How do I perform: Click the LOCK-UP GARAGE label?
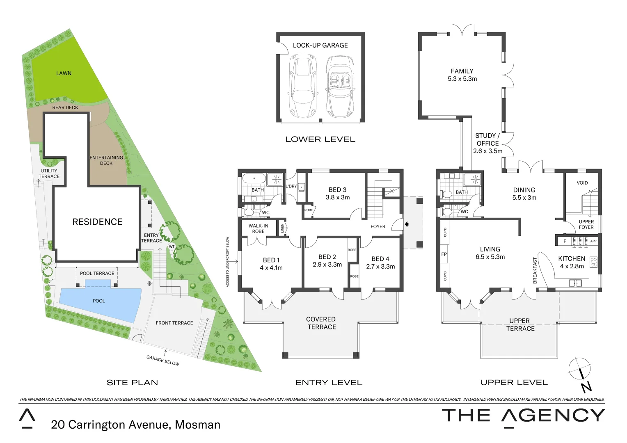click(x=320, y=46)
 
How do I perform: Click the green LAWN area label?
click(x=64, y=73)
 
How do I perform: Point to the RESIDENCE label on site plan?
click(x=97, y=222)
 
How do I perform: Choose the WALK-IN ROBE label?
click(x=258, y=228)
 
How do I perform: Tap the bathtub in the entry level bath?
click(x=254, y=178)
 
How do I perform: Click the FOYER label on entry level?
click(x=378, y=226)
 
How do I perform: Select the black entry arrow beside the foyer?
click(x=407, y=224)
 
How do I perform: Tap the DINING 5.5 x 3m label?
click(x=524, y=194)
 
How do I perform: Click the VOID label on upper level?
click(x=582, y=183)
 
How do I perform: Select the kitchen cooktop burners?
click(x=593, y=262)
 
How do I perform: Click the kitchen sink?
click(x=575, y=283)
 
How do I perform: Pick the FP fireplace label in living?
click(x=444, y=254)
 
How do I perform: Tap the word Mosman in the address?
click(x=197, y=425)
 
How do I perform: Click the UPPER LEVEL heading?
click(x=514, y=383)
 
